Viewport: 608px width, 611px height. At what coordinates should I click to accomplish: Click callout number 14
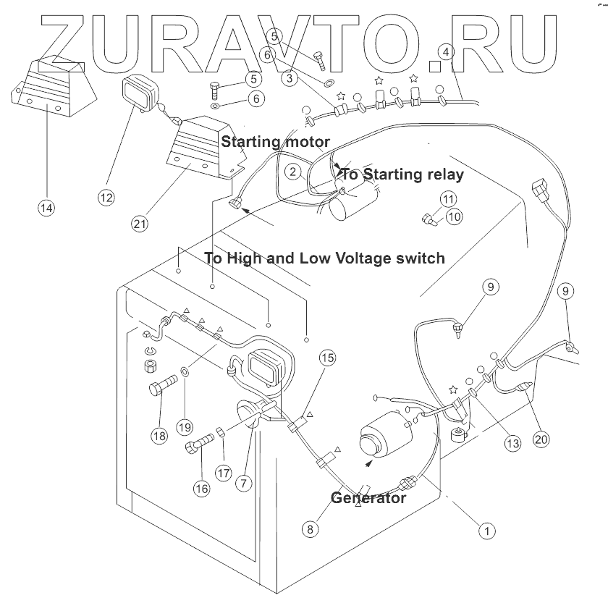pos(46,208)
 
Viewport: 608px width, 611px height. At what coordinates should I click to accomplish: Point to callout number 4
pos(446,52)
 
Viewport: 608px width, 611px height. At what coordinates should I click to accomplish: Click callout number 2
pos(292,172)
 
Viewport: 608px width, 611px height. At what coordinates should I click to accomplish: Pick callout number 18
pos(159,436)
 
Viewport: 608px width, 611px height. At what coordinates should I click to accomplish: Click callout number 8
pos(311,529)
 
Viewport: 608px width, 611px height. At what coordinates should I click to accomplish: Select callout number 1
pos(487,531)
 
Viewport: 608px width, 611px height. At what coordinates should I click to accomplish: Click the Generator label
pos(368,498)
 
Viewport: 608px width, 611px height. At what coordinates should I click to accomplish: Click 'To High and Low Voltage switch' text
pos(324,258)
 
